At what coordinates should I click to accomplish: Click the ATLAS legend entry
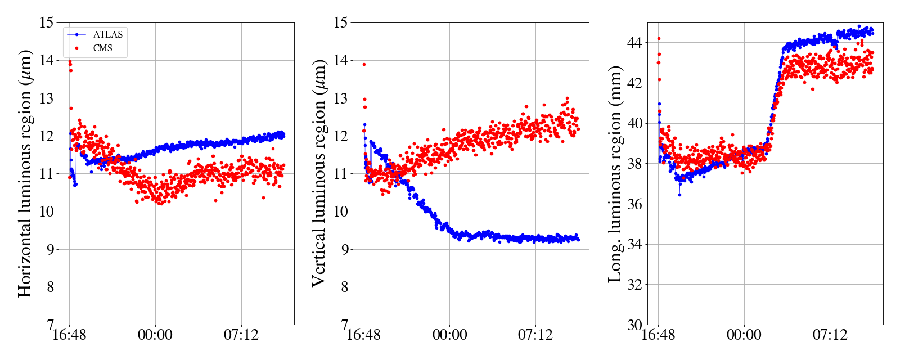[107, 34]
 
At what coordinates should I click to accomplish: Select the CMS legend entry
[102, 48]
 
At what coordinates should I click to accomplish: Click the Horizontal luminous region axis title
[25, 173]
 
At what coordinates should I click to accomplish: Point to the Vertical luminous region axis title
[319, 173]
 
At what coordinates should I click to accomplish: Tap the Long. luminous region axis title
[615, 173]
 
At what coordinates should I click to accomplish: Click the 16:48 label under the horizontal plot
[69, 335]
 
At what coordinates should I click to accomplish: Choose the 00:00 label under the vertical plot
[449, 335]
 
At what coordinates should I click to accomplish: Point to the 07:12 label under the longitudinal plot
[830, 335]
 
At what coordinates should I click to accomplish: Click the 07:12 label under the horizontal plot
[241, 335]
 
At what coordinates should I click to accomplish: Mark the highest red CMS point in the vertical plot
[364, 64]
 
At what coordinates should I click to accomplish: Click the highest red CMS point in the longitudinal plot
[659, 39]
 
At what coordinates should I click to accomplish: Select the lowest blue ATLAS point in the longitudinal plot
[679, 195]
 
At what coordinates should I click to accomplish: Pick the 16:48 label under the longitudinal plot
[658, 335]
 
